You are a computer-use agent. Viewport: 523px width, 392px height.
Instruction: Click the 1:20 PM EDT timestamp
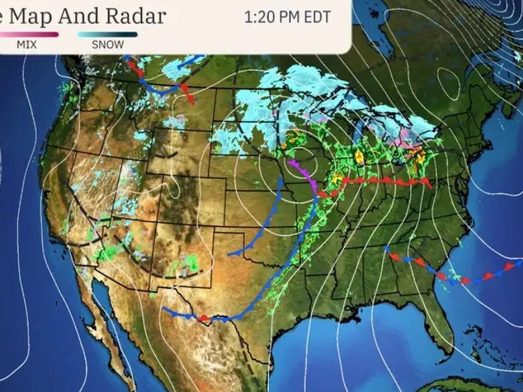287,17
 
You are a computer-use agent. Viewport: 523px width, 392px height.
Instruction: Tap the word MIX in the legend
27,44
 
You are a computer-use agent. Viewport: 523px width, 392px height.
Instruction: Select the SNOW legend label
108,44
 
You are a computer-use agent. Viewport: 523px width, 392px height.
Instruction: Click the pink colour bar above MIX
29,34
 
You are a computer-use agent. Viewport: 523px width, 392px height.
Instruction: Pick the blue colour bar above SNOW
108,34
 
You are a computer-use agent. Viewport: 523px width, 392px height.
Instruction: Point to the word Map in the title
31,16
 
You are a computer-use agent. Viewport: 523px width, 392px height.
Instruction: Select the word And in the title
78,16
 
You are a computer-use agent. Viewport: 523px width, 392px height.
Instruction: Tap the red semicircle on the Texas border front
204,318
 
